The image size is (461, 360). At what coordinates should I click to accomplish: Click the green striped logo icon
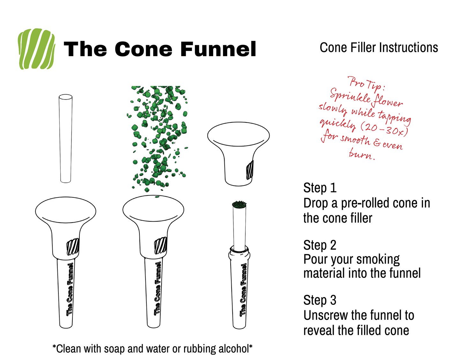pos(36,49)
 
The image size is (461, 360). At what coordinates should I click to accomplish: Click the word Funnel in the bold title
pos(218,49)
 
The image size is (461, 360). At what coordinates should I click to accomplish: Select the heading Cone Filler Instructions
pos(379,48)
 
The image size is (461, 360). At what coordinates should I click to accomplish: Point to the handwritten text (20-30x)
pos(384,128)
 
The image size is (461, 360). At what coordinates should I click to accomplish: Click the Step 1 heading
pos(320,188)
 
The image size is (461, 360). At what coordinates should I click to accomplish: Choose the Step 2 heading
pos(320,245)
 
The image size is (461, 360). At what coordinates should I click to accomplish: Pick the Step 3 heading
pos(320,300)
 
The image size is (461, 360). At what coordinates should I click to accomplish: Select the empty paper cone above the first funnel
pos(65,138)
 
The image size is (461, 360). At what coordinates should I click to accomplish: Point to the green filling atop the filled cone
pos(239,204)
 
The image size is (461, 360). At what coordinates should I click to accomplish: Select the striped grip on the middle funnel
pos(160,246)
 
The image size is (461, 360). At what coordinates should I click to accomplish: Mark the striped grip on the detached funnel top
pos(249,170)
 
